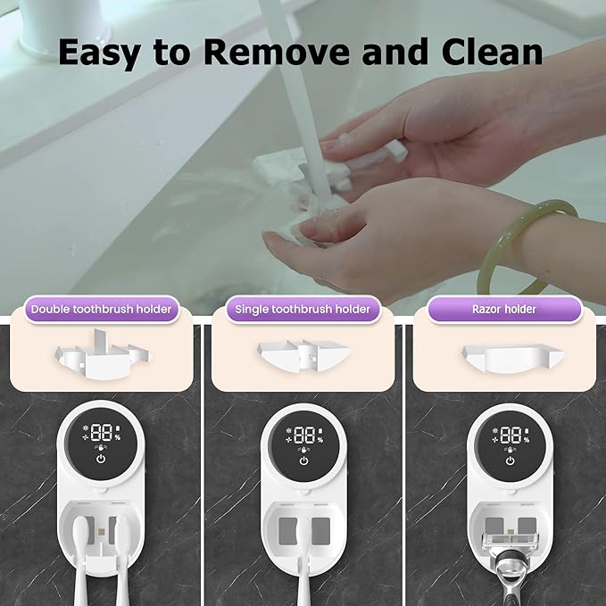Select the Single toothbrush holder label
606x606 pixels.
pyautogui.click(x=303, y=310)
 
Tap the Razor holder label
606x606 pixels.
pyautogui.click(x=504, y=310)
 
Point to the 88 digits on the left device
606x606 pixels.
pyautogui.click(x=100, y=436)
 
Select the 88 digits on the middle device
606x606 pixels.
pyautogui.click(x=304, y=436)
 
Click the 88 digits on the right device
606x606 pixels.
pyautogui.click(x=510, y=436)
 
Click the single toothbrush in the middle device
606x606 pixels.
pyautogui.click(x=303, y=571)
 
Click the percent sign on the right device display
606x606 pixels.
pyautogui.click(x=527, y=439)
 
